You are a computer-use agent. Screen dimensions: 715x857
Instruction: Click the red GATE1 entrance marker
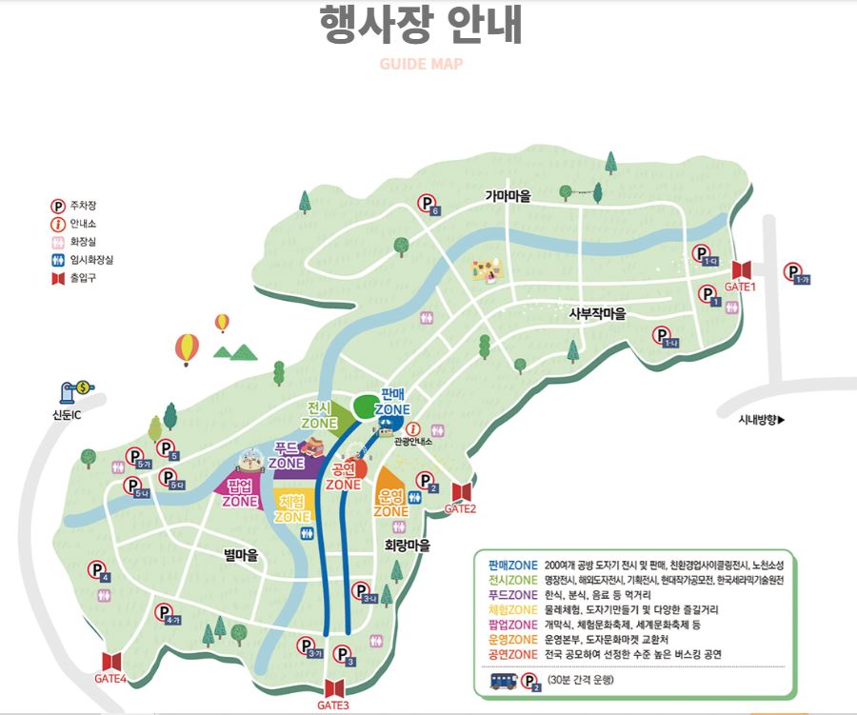742,270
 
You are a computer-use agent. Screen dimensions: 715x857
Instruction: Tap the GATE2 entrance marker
461,491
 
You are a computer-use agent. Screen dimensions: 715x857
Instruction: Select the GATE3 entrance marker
335,688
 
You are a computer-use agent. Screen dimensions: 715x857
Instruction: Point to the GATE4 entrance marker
111,662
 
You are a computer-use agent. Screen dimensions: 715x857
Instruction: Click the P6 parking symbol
430,204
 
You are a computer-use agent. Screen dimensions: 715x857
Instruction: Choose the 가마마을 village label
508,196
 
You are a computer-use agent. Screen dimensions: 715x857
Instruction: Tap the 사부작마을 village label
597,313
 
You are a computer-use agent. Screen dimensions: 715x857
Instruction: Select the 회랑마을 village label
408,546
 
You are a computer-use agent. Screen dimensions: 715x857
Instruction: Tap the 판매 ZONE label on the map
393,402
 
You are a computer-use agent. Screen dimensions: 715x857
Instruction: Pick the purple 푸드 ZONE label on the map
286,455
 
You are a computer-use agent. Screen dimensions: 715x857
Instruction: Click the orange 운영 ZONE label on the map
390,504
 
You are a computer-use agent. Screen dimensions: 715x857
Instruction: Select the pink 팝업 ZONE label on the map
241,494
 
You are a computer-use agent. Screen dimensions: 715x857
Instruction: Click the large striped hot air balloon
188,348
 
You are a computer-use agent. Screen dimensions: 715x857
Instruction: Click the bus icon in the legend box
501,681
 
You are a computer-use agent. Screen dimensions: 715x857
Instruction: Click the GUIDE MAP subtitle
421,65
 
